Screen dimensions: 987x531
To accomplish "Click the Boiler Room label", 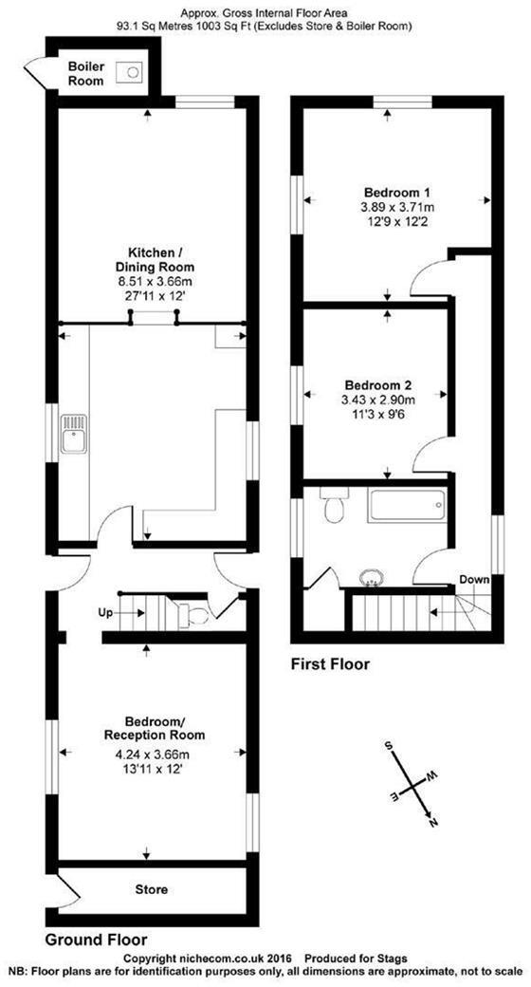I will (x=86, y=75).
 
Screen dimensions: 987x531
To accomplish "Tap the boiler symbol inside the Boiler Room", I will (x=130, y=69).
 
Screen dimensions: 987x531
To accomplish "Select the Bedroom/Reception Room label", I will (x=154, y=728).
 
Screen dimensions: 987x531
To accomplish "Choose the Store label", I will (x=152, y=889).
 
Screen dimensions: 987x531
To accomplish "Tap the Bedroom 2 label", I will (x=377, y=385).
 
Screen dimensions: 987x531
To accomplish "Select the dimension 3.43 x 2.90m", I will (x=377, y=400).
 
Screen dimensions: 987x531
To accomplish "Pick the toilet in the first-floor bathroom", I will (x=333, y=508).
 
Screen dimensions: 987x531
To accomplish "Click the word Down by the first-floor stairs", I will (x=474, y=579).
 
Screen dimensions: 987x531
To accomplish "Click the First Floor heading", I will (x=330, y=664).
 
